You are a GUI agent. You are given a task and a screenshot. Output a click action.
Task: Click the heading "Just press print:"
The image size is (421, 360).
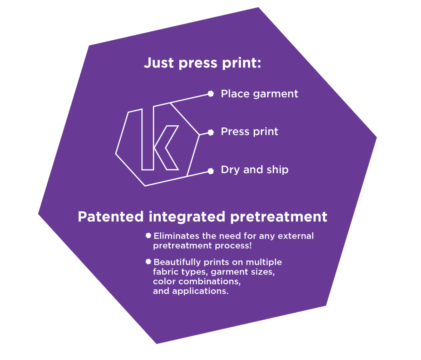pos(202,64)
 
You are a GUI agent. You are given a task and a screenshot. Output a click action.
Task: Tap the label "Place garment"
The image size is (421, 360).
pos(259,94)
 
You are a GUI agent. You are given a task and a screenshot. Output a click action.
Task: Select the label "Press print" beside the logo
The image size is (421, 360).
pos(249,132)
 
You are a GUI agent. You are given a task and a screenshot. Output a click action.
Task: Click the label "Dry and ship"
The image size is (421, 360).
pos(254,170)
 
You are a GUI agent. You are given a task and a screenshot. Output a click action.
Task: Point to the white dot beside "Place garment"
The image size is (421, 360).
pos(210,94)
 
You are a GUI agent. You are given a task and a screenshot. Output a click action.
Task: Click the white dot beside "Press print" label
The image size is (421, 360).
pos(210,132)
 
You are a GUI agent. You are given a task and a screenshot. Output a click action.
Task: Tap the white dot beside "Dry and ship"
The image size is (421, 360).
pos(210,171)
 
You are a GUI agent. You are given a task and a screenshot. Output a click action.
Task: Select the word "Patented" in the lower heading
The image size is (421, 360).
pos(111,216)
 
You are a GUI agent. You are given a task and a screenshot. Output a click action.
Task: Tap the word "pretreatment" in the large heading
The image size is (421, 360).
pos(279,216)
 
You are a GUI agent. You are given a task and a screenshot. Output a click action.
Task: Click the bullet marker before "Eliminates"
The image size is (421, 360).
pos(148,235)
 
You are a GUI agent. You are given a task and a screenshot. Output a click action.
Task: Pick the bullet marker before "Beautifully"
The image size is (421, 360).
pos(148,261)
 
